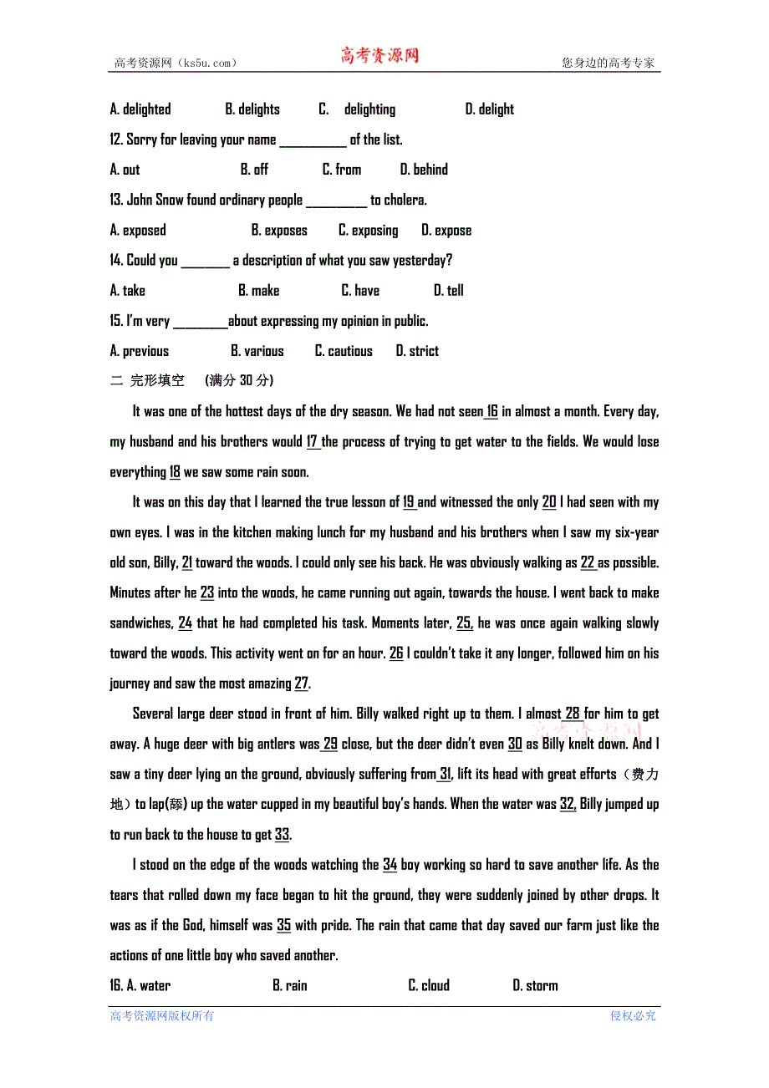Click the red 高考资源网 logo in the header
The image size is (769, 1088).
379,56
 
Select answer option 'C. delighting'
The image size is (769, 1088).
358,109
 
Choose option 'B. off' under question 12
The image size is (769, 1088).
254,170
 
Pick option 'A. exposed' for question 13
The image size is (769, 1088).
138,231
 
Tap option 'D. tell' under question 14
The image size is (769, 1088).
449,291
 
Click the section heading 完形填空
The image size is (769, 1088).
157,381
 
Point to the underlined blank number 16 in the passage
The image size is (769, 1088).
492,411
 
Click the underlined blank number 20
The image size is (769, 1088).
549,502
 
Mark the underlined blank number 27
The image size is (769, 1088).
302,684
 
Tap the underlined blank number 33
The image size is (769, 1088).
283,835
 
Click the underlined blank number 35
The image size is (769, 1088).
284,925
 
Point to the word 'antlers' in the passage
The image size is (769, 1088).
272,744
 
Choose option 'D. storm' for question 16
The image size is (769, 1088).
535,986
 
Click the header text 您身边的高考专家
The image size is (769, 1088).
609,63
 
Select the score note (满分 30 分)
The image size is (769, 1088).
239,381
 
